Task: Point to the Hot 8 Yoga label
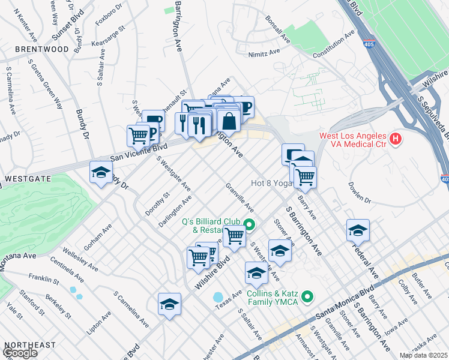click(x=270, y=183)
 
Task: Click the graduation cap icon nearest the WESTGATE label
click(x=101, y=173)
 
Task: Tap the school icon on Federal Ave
click(x=358, y=230)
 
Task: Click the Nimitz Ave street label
click(x=265, y=53)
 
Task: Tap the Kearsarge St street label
click(x=108, y=36)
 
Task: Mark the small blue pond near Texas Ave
click(x=218, y=297)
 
